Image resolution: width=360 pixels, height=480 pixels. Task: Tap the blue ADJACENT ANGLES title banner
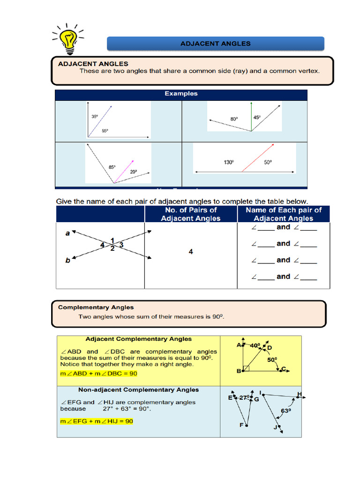[216, 44]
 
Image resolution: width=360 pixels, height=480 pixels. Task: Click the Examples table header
[181, 94]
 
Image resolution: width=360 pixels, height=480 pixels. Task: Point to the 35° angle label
[94, 117]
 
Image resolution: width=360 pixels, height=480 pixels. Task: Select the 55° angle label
[105, 131]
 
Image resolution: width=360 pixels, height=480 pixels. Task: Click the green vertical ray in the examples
[251, 116]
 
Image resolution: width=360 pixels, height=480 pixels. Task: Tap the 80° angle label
[234, 119]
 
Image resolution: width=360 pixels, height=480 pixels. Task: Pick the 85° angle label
[112, 167]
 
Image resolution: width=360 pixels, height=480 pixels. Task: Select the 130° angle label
[229, 162]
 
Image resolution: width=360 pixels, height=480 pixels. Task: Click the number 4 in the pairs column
[191, 252]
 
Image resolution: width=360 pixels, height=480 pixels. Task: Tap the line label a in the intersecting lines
[67, 233]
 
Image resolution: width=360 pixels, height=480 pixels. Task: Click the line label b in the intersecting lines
[67, 261]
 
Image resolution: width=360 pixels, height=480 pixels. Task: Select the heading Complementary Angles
[96, 307]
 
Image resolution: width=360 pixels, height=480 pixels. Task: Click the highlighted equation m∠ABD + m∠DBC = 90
[98, 373]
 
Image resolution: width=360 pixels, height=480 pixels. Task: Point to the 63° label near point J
[286, 411]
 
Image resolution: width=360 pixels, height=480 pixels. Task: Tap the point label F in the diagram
[242, 425]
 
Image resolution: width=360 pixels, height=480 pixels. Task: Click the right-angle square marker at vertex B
[246, 368]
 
